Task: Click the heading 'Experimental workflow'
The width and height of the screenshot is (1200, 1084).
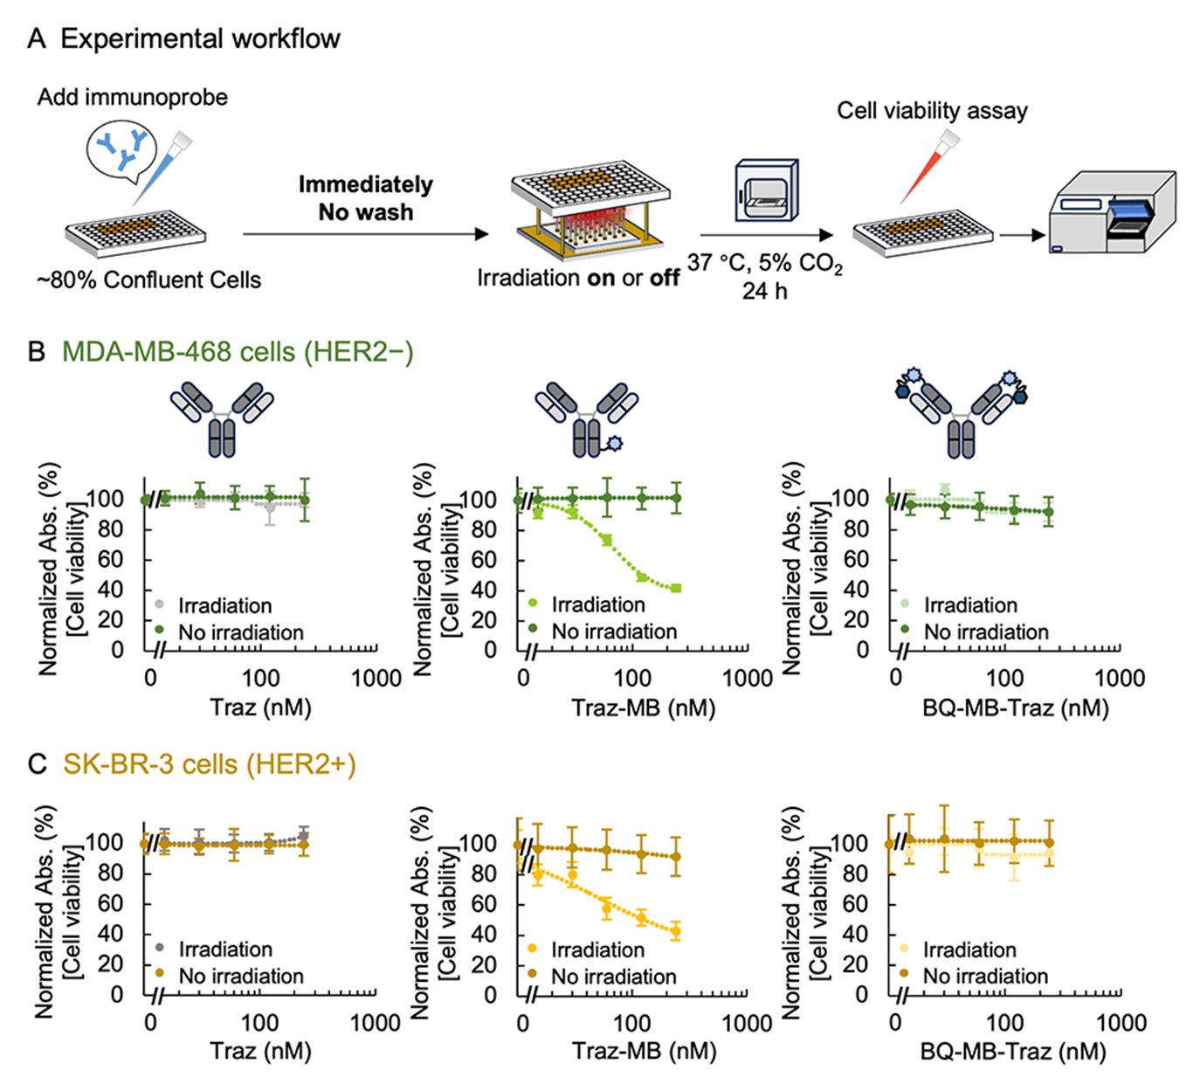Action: pyautogui.click(x=200, y=39)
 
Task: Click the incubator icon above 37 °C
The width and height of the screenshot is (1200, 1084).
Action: pyautogui.click(x=766, y=190)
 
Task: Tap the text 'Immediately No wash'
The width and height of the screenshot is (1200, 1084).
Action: pyautogui.click(x=365, y=198)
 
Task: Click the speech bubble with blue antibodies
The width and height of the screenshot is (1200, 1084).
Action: pyautogui.click(x=122, y=150)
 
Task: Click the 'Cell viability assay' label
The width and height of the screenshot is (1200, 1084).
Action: pyautogui.click(x=932, y=111)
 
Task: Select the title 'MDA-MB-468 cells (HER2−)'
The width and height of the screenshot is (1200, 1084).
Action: pyautogui.click(x=237, y=352)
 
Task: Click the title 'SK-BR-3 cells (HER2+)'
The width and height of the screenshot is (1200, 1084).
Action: pyautogui.click(x=209, y=764)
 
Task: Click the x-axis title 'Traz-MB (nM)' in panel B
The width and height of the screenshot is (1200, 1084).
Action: pyautogui.click(x=644, y=708)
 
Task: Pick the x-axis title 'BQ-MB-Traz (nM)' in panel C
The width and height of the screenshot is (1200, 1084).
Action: pyautogui.click(x=1013, y=1051)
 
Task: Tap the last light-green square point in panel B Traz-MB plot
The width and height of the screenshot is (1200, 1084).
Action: pyautogui.click(x=676, y=589)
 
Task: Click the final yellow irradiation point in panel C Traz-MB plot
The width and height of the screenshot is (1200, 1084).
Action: pyautogui.click(x=675, y=931)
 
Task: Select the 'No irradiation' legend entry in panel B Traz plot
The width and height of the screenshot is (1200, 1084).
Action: pyautogui.click(x=240, y=632)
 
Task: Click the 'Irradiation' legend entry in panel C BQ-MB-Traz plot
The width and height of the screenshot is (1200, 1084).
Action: pyautogui.click(x=969, y=949)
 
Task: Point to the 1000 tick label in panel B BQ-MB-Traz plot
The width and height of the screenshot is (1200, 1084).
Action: pyautogui.click(x=1120, y=678)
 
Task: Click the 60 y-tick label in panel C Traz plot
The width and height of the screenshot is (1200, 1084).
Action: pyautogui.click(x=109, y=903)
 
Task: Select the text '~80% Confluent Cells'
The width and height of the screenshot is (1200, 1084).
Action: pyautogui.click(x=148, y=280)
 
